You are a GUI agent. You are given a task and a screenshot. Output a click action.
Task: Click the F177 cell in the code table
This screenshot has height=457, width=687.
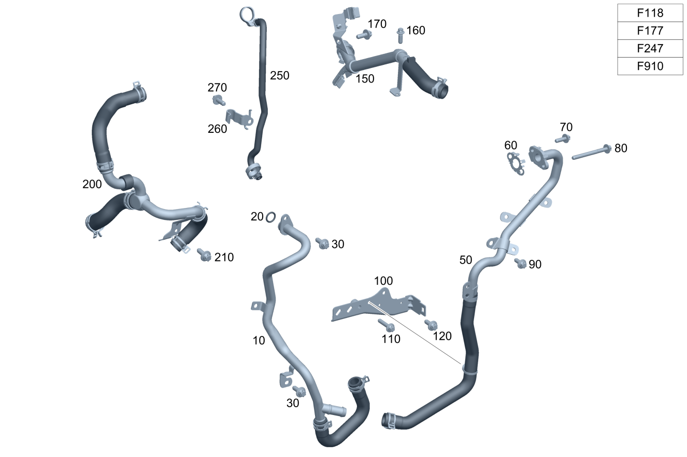[x=650, y=31]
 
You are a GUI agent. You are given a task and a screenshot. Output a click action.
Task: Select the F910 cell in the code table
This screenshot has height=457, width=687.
[x=650, y=66]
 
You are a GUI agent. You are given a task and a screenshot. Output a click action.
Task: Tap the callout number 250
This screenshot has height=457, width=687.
[x=279, y=76]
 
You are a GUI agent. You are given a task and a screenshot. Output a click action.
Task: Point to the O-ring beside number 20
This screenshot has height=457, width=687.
[x=270, y=217]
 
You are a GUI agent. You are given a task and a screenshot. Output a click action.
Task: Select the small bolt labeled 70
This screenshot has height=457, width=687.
[x=563, y=139]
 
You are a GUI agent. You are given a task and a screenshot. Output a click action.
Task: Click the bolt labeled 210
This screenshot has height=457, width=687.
[x=204, y=255]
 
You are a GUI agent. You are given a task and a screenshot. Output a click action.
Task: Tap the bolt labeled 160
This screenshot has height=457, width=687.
[x=400, y=36]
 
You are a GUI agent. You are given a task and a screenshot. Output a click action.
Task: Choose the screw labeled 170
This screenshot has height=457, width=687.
[x=364, y=35]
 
